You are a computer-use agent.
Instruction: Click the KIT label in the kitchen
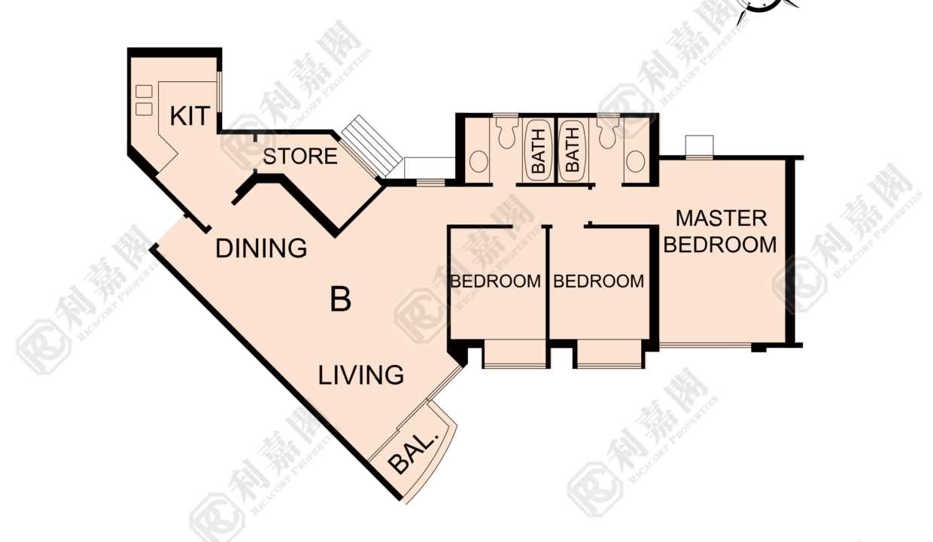pyautogui.click(x=190, y=116)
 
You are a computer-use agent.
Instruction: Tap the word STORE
pyautogui.click(x=300, y=157)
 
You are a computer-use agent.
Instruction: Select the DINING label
pyautogui.click(x=261, y=248)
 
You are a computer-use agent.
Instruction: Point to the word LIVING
pyautogui.click(x=360, y=375)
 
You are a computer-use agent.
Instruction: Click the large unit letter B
pyautogui.click(x=340, y=299)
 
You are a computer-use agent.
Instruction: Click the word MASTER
pyautogui.click(x=722, y=219)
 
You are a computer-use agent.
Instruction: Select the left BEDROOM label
pyautogui.click(x=496, y=282)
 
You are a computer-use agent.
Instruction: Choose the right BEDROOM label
pyautogui.click(x=598, y=282)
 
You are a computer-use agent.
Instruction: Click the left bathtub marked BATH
pyautogui.click(x=538, y=151)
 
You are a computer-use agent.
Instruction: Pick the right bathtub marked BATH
pyautogui.click(x=573, y=151)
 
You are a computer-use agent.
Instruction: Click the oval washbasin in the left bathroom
pyautogui.click(x=479, y=161)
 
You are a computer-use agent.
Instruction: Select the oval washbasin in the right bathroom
pyautogui.click(x=636, y=161)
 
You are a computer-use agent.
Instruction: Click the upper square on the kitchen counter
pyautogui.click(x=144, y=91)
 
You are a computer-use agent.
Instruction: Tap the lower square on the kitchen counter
pyautogui.click(x=144, y=109)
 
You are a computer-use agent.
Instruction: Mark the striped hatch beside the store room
pyautogui.click(x=372, y=146)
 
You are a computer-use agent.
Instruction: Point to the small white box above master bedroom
pyautogui.click(x=699, y=145)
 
